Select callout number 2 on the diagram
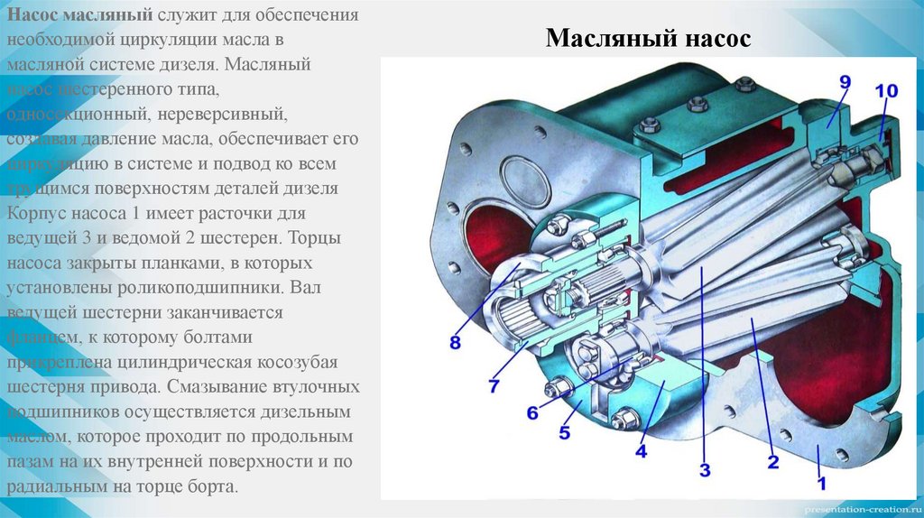click(x=772, y=464)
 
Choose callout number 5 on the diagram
click(x=564, y=432)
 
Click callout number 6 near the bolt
click(x=532, y=413)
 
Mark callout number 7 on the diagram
click(x=494, y=385)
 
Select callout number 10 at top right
click(x=885, y=91)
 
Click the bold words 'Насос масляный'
click(x=79, y=17)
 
